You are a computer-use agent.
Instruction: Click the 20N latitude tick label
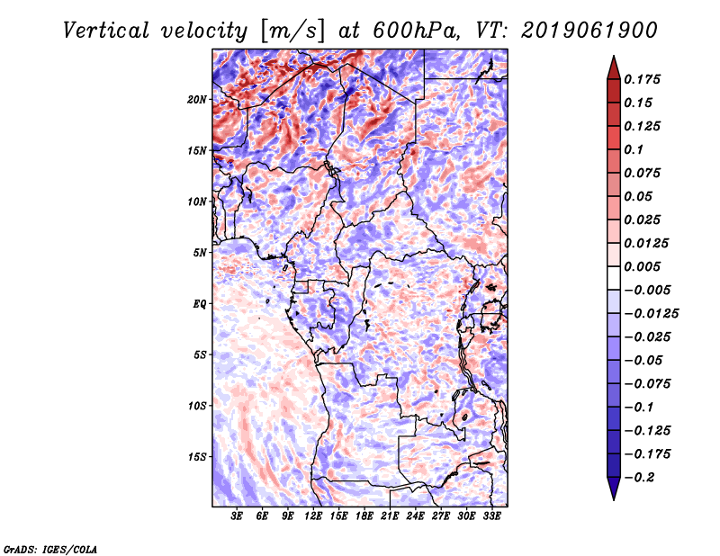point(197,99)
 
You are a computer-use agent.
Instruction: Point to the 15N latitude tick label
point(197,150)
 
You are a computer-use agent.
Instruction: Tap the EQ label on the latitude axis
point(200,304)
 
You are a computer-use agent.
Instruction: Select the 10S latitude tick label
point(197,406)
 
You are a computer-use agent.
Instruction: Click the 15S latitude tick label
point(197,457)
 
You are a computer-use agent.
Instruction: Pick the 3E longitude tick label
point(238,517)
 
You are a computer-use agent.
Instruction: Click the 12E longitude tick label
point(314,517)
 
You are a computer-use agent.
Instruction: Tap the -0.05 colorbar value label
point(648,360)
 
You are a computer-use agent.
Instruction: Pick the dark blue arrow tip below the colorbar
point(613,494)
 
